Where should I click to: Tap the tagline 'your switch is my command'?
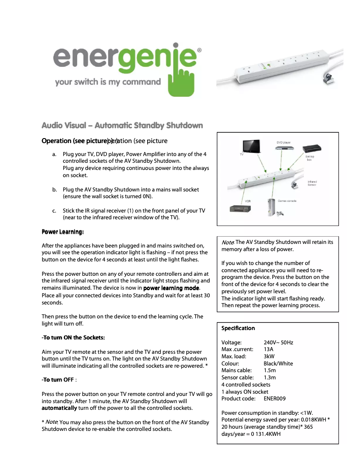tap(107, 82)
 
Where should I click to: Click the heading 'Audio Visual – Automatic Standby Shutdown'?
tap(122, 126)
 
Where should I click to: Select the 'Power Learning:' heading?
tap(62, 232)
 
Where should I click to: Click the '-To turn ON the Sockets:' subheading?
tap(73, 338)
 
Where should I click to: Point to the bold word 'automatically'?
tap(59, 409)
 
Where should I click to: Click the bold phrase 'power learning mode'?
tap(171, 288)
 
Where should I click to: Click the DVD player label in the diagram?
tap(283, 142)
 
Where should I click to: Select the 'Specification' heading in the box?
tap(238, 328)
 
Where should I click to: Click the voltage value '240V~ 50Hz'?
tap(278, 343)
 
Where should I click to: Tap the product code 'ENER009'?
tap(275, 399)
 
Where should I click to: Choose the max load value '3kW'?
tap(269, 356)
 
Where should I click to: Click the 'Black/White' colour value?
tap(278, 364)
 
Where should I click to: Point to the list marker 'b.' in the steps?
tap(54, 190)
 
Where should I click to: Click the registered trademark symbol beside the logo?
tap(199, 51)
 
